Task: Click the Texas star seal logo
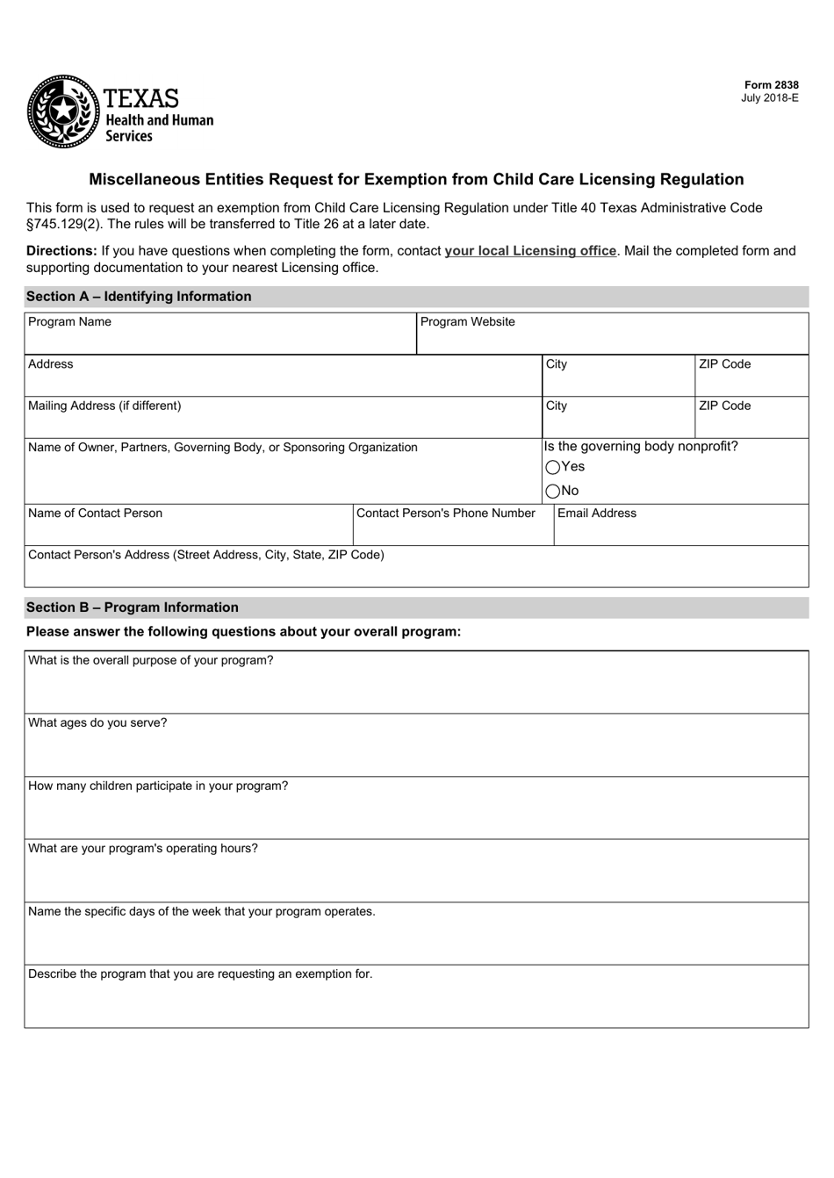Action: [x=63, y=111]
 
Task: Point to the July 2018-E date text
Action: [x=770, y=98]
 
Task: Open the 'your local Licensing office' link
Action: [x=530, y=251]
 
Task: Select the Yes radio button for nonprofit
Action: [x=552, y=468]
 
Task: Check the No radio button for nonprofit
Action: [x=552, y=492]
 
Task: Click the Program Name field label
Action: [x=70, y=322]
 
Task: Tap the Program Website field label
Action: [x=468, y=322]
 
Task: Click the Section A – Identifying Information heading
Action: [x=139, y=297]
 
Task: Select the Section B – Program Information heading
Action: [x=133, y=607]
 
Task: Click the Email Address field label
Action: [x=597, y=514]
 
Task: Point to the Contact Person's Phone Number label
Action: [x=446, y=514]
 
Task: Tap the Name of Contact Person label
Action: [x=95, y=514]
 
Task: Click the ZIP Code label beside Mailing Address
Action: [x=724, y=406]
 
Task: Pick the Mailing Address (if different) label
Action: [x=104, y=406]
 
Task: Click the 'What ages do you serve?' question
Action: [x=97, y=723]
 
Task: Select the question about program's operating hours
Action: [x=143, y=849]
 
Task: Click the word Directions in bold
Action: [x=61, y=251]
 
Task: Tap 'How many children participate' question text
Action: [x=158, y=787]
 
